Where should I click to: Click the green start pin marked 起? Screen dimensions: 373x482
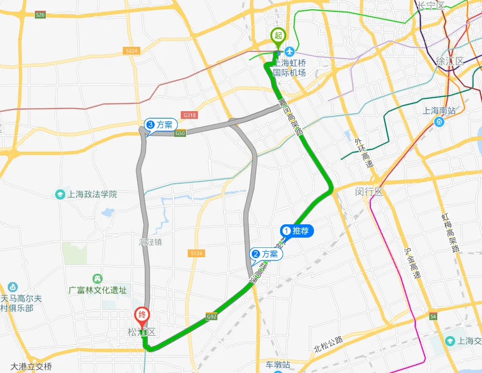(x=278, y=36)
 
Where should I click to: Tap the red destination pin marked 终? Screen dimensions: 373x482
(x=141, y=314)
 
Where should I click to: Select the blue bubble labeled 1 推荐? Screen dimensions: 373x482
(x=296, y=232)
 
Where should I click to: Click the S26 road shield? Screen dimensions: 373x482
(x=41, y=15)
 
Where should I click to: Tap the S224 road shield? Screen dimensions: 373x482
(x=132, y=50)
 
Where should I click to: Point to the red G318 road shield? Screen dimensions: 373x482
(x=190, y=116)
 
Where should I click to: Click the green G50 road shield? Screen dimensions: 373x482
(x=180, y=134)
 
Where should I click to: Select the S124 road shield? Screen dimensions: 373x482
(x=196, y=253)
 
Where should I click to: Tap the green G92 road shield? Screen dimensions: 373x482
(x=211, y=316)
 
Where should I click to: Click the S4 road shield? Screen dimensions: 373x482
(x=433, y=316)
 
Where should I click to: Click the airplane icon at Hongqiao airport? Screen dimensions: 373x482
(x=290, y=52)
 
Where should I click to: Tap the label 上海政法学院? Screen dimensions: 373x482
(x=91, y=194)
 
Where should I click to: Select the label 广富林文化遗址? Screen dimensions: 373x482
(x=98, y=290)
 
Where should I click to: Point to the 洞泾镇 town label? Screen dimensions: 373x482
(x=150, y=241)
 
